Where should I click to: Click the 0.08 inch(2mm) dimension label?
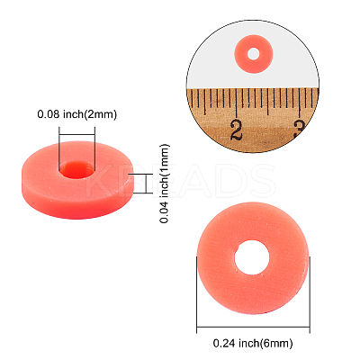point(76,114)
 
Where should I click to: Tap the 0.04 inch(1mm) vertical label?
point(165,184)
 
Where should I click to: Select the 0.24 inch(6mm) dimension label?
point(253,343)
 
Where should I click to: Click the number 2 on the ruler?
point(237,130)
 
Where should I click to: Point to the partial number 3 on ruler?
point(300,129)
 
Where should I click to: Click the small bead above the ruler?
point(254,54)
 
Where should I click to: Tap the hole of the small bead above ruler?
point(254,54)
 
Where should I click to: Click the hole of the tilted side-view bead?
point(76,169)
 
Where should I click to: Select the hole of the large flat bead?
point(253,257)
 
